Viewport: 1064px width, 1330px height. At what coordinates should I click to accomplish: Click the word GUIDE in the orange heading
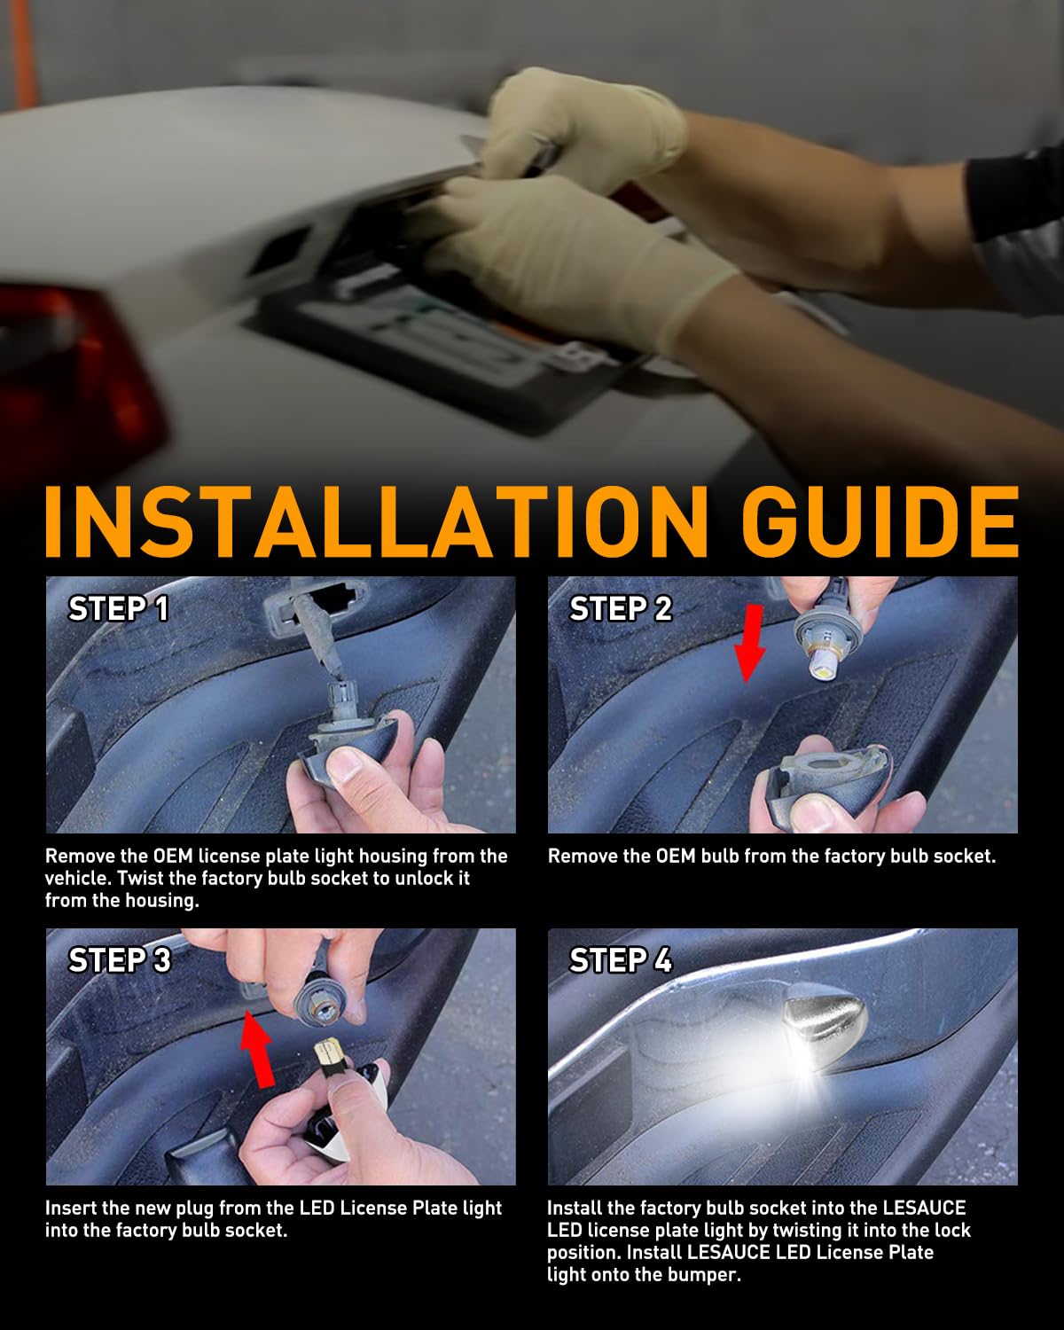(x=880, y=522)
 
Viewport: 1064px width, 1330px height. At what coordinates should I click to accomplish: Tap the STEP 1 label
(x=118, y=609)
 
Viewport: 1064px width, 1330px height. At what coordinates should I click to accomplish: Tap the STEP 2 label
(x=621, y=609)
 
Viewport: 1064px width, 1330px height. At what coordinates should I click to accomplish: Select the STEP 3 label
(x=120, y=960)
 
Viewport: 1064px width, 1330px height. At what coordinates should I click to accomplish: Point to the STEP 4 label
(x=621, y=960)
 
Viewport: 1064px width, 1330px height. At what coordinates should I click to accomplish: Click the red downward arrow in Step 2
(x=750, y=644)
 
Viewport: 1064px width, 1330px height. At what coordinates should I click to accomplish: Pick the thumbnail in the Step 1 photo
(x=345, y=768)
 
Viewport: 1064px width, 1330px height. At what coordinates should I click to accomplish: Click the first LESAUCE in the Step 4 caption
(x=924, y=1208)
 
